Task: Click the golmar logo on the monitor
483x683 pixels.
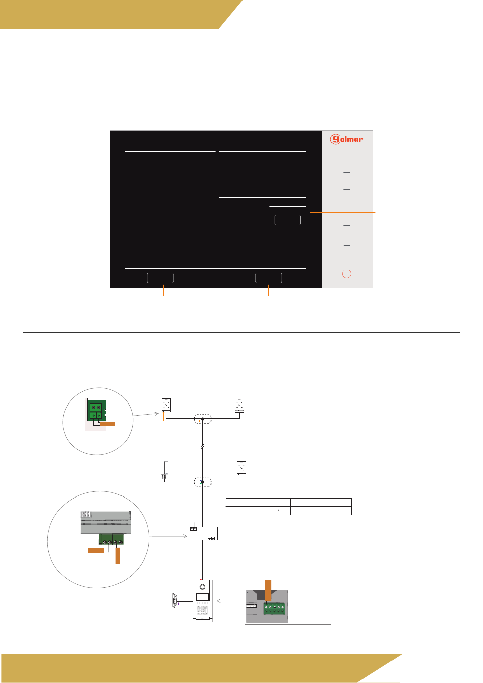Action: point(347,139)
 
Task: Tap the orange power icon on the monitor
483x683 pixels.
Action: point(346,273)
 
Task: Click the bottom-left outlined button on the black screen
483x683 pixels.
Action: point(160,277)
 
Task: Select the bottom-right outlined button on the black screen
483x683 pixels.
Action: point(268,277)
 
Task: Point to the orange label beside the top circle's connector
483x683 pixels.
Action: point(107,423)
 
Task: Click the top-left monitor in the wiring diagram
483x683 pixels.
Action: point(166,405)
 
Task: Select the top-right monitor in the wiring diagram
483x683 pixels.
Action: point(239,405)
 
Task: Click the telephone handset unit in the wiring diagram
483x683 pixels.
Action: point(164,470)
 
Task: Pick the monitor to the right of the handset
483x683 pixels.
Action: point(242,468)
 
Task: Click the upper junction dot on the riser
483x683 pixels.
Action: point(202,419)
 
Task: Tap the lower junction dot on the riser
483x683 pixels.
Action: point(202,481)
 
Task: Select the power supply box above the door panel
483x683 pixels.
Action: point(203,533)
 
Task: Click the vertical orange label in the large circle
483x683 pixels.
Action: point(118,555)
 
